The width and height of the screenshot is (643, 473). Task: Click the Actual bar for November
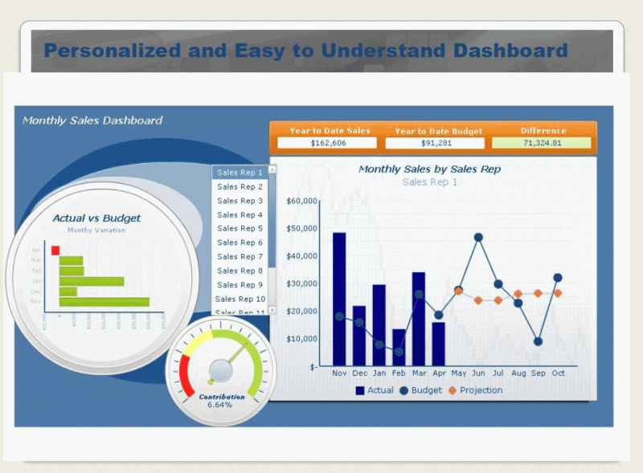[339, 299]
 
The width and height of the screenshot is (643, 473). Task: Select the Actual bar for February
[399, 347]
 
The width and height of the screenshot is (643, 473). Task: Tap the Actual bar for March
[419, 319]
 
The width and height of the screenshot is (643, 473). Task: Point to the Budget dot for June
[478, 238]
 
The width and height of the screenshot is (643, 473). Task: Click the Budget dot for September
[538, 341]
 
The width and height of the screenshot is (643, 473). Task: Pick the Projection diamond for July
[498, 300]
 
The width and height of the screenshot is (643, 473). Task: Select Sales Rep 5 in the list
[240, 229]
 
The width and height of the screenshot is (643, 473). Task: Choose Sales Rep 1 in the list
[240, 173]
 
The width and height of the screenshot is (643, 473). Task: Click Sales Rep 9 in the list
[240, 285]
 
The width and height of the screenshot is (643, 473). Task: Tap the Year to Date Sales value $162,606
[327, 143]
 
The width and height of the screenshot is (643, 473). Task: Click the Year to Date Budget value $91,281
[435, 143]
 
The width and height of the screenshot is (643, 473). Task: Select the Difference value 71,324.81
[542, 143]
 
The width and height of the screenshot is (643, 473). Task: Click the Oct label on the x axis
[558, 373]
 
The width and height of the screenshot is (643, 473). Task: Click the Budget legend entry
[420, 390]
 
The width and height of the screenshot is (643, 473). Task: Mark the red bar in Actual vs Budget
[55, 251]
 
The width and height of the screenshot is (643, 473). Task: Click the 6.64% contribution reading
[219, 405]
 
